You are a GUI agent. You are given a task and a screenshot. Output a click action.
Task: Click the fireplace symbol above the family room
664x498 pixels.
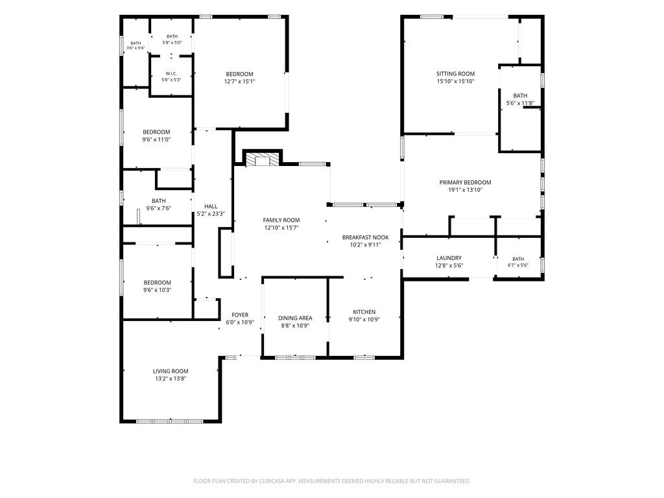coord(263,160)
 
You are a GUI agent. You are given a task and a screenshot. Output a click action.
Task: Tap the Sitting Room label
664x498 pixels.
coord(456,74)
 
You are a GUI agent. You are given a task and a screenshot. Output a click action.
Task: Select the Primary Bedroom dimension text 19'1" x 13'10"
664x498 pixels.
coord(466,190)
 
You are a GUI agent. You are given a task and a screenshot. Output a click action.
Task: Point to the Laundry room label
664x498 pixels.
coord(449,258)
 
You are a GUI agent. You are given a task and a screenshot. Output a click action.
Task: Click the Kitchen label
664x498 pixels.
coord(364,312)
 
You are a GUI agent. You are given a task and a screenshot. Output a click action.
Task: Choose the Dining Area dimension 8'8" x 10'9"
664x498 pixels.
coord(295,326)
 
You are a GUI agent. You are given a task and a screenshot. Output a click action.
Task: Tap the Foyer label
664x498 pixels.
coord(240,314)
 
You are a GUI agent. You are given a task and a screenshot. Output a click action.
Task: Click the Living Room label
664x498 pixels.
coord(171,372)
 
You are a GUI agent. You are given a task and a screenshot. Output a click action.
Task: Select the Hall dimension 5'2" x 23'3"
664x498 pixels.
coord(211,214)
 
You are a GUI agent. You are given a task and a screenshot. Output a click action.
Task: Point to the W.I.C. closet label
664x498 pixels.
coord(171,73)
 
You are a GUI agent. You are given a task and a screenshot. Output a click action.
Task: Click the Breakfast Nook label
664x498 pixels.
coord(366,237)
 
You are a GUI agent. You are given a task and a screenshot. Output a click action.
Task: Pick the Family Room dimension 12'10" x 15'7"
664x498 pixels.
coord(281,228)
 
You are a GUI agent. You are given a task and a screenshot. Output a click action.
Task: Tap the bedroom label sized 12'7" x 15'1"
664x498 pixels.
coord(240,74)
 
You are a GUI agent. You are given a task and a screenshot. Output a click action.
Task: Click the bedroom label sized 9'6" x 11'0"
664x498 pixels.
coord(156,132)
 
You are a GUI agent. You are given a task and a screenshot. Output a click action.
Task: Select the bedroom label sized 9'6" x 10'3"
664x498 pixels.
coord(157,283)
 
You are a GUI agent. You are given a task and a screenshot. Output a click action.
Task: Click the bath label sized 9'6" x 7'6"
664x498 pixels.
coord(159,201)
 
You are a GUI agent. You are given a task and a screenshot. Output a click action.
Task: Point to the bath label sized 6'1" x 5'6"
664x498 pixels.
coord(518,259)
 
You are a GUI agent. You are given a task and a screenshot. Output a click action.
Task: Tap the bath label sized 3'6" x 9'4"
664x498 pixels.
coord(136,43)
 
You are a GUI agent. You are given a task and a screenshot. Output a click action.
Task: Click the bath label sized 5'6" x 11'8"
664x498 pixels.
coord(521,96)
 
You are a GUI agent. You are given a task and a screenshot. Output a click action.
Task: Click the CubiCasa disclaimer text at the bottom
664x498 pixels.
coord(332,481)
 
